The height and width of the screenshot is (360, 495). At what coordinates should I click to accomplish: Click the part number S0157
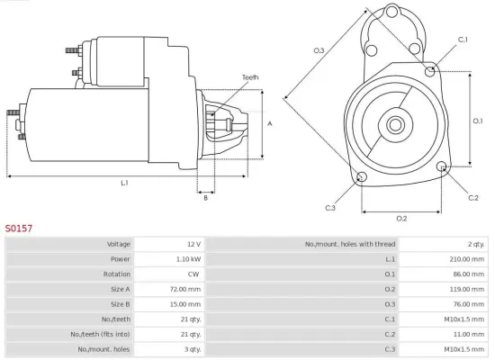pos(20,229)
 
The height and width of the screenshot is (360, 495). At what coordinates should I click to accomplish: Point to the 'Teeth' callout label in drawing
pos(249,77)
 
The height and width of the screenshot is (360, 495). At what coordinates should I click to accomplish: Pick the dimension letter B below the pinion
pos(205,197)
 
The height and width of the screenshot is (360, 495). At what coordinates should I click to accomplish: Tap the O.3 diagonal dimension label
pos(319,50)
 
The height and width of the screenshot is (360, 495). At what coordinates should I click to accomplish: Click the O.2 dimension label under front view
pos(401,219)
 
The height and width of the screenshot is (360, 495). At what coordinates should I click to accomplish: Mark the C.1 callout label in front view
pos(463,40)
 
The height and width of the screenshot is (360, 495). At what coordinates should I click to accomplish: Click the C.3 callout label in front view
pos(330,208)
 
